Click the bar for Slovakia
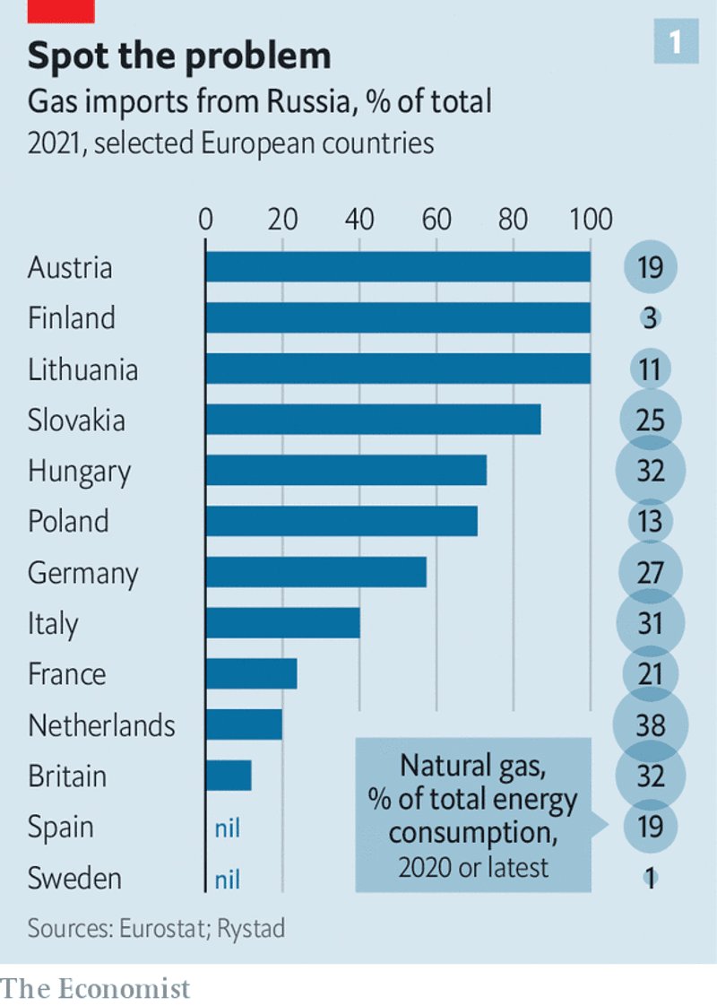click(x=373, y=420)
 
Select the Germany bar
click(x=315, y=572)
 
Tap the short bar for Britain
click(x=229, y=776)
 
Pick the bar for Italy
click(x=282, y=623)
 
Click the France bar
click(x=251, y=673)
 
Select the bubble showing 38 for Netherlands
click(x=650, y=724)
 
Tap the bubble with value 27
click(x=650, y=572)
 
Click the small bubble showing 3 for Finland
click(x=650, y=318)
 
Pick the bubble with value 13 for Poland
click(x=650, y=521)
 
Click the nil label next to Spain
click(x=228, y=827)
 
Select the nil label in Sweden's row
click(x=228, y=878)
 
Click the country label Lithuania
click(x=82, y=369)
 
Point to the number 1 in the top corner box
click(x=675, y=42)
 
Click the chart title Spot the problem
click(x=179, y=56)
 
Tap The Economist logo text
click(x=96, y=988)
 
